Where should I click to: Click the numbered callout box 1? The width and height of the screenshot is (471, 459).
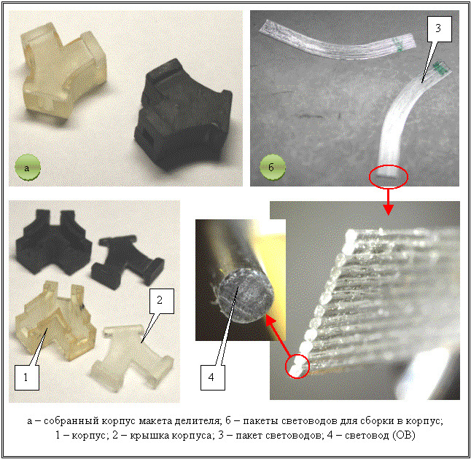27,377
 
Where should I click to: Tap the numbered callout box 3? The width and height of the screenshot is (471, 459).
440,29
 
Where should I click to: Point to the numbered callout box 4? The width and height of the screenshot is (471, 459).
213,377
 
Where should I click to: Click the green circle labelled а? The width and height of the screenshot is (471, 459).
28,168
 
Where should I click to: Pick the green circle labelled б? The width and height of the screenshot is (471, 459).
273,168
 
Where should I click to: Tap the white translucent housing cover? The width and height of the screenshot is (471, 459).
131,356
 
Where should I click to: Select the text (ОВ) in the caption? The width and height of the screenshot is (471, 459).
404,435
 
